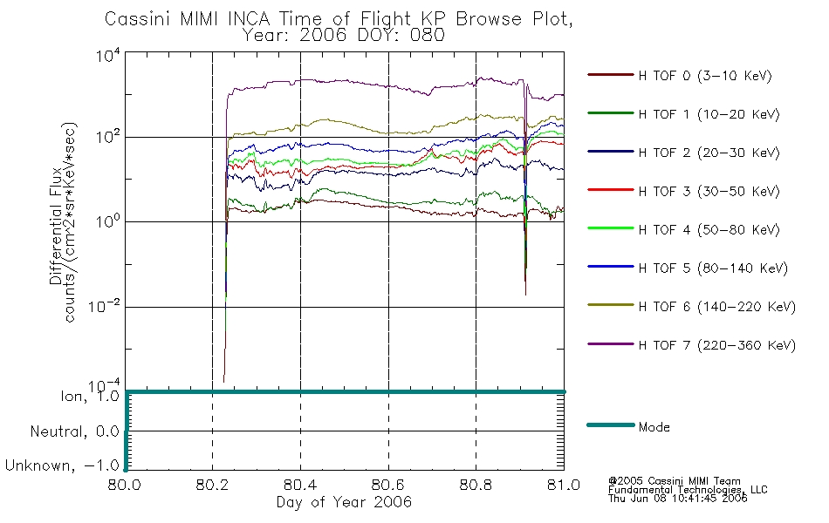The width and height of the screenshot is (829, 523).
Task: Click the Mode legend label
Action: pyautogui.click(x=654, y=427)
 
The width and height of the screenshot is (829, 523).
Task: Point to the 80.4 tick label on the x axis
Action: pyautogui.click(x=300, y=486)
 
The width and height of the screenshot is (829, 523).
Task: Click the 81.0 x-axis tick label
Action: pyautogui.click(x=563, y=486)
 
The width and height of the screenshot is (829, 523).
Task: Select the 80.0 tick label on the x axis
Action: pyautogui.click(x=126, y=486)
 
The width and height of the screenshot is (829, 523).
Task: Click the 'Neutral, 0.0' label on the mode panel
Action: pyautogui.click(x=74, y=431)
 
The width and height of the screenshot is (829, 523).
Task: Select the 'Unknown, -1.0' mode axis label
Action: pyautogui.click(x=62, y=466)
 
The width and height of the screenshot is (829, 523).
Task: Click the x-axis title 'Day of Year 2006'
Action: pyautogui.click(x=344, y=502)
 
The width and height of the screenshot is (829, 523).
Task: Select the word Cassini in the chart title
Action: pyautogui.click(x=138, y=18)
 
